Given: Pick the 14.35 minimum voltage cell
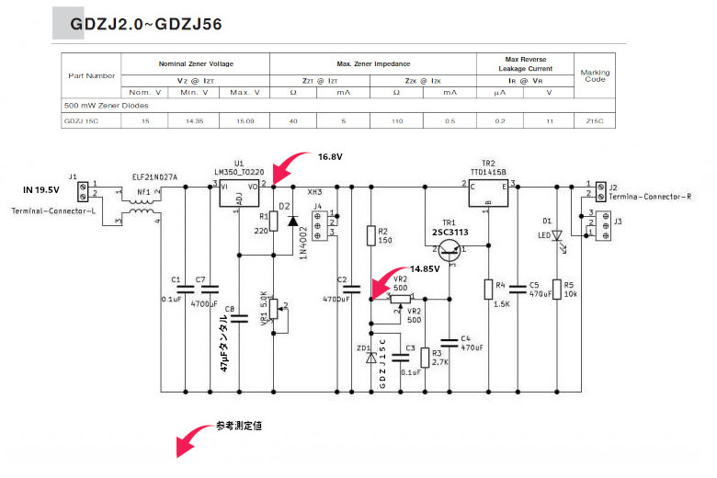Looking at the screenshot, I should [195, 120].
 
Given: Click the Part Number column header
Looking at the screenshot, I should [91, 76].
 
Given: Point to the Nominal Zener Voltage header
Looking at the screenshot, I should [195, 63].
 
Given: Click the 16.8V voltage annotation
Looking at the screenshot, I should [330, 157].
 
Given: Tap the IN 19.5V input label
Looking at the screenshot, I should [40, 190].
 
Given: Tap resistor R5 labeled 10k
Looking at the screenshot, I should [554, 290].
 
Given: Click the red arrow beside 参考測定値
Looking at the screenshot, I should [195, 439].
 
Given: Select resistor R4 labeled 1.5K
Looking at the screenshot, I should [488, 290].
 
